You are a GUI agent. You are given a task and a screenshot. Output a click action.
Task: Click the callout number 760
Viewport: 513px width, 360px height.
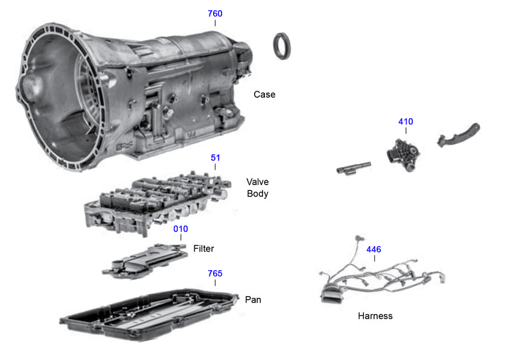[215, 13]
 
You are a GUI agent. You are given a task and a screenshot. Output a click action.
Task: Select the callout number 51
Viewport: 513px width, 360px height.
[215, 158]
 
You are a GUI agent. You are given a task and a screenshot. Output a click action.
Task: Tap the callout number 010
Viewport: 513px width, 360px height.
[180, 229]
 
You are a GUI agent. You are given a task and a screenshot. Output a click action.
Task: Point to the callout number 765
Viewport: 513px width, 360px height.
[215, 274]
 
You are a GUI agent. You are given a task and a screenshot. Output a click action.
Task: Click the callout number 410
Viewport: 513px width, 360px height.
[406, 122]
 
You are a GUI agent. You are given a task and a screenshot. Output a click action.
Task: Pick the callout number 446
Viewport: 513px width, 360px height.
[374, 249]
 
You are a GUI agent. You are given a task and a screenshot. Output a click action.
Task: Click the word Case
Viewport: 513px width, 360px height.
[264, 95]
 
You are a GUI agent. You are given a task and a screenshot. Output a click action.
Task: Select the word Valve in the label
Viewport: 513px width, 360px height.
[258, 182]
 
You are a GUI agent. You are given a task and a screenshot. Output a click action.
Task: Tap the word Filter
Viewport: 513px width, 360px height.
[203, 248]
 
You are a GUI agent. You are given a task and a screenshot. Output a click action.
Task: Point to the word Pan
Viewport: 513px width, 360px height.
[253, 299]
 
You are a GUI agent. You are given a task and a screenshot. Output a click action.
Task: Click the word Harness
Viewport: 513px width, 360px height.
[375, 316]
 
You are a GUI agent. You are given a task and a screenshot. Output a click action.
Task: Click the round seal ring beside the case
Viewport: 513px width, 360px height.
[282, 46]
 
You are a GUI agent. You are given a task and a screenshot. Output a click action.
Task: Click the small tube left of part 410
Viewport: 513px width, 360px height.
[352, 169]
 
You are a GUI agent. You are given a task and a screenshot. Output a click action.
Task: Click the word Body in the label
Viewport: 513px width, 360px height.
[258, 194]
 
